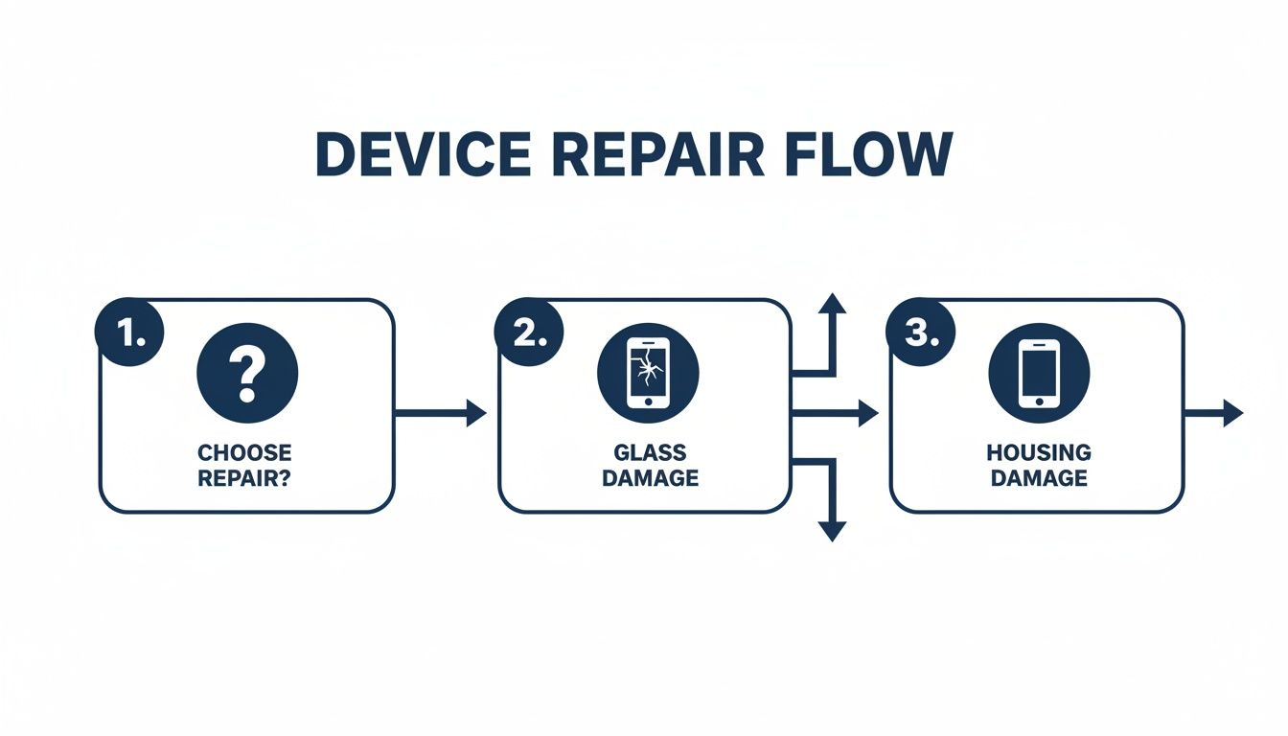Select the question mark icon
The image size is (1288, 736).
point(247,373)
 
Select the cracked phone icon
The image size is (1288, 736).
point(648,373)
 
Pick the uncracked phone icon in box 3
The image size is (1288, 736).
point(1039,373)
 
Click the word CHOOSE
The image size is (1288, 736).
point(245,452)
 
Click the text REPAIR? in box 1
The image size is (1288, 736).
point(245,477)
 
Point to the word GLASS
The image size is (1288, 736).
point(651,452)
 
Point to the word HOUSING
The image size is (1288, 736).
point(1039,452)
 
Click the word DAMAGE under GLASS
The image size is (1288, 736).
point(651,477)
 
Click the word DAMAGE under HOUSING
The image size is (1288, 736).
point(1039,477)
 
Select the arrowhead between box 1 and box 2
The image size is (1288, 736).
point(475,414)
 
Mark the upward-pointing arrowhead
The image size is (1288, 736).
point(832,305)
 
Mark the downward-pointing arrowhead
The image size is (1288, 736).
point(832,529)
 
